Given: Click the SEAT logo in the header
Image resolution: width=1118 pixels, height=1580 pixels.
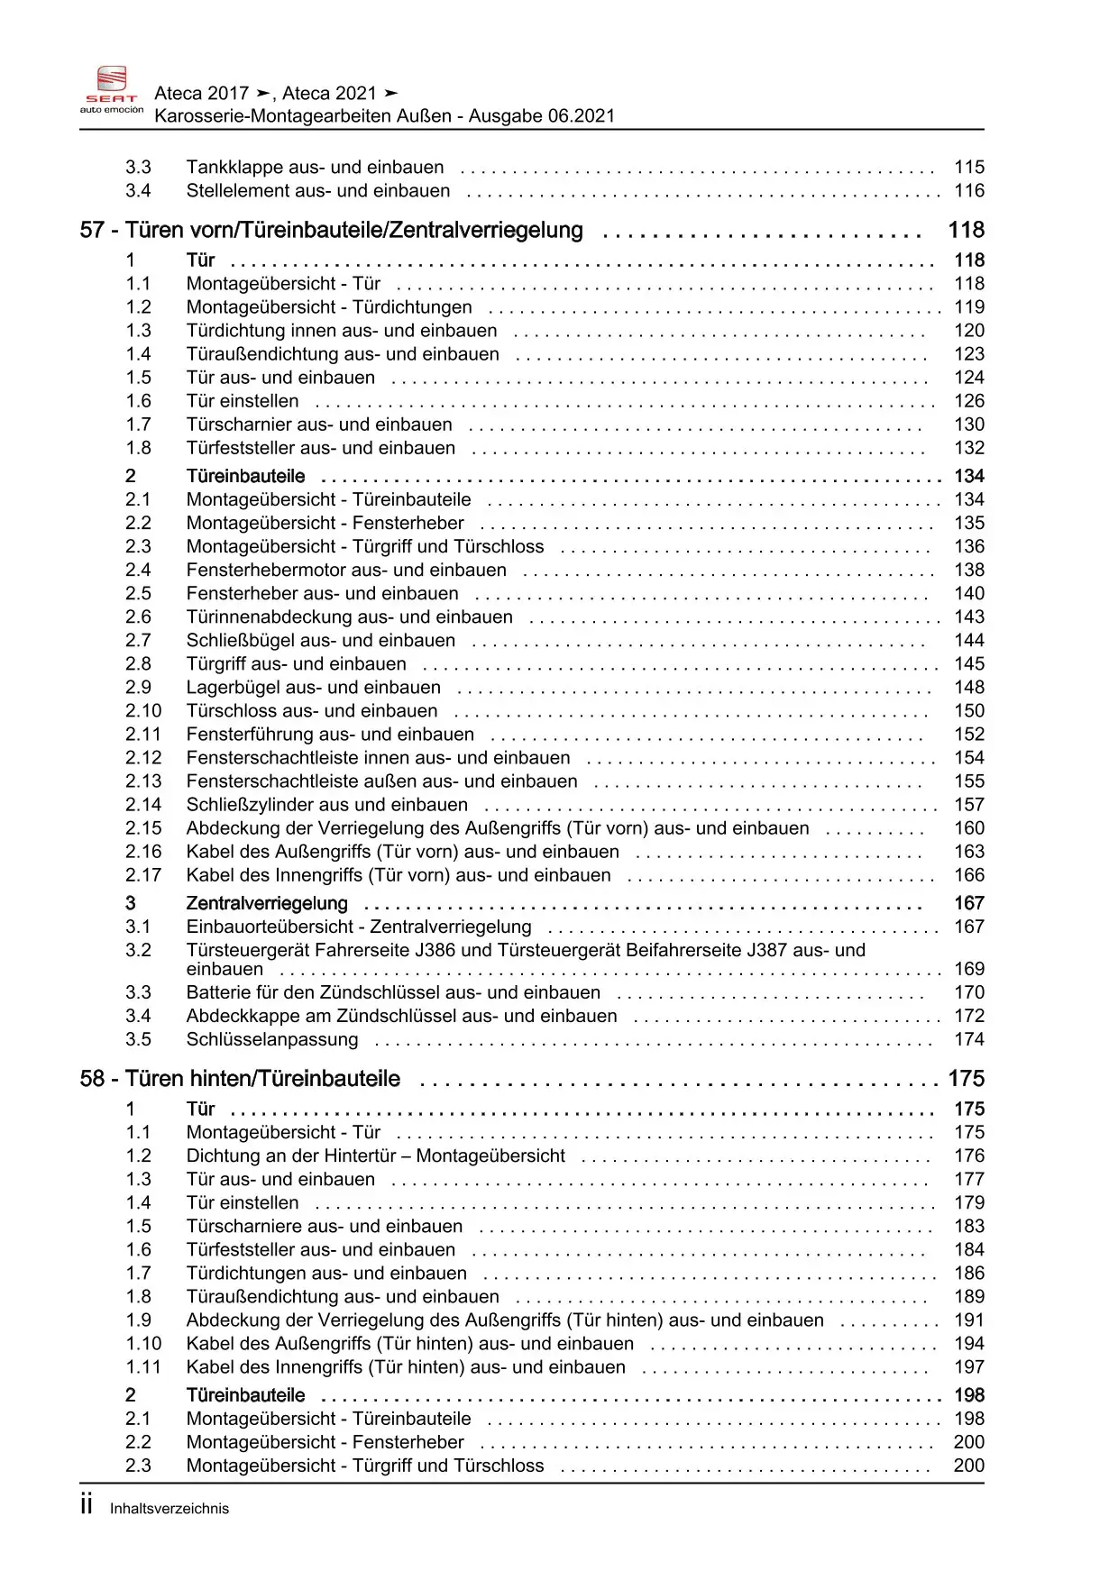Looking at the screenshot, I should [112, 90].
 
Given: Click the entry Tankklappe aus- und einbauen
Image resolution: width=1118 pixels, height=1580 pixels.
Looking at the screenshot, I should [315, 167].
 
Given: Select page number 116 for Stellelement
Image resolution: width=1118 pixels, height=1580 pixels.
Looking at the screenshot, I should [969, 190].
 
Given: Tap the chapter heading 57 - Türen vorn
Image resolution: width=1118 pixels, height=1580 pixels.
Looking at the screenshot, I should [331, 230].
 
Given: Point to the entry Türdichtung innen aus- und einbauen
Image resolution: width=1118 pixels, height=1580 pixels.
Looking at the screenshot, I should [341, 331].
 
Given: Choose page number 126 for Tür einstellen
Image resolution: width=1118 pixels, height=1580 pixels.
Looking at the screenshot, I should [969, 401].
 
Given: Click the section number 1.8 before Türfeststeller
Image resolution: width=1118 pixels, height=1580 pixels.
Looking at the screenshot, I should [138, 448].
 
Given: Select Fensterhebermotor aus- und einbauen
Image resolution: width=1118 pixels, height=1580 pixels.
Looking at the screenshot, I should [346, 570].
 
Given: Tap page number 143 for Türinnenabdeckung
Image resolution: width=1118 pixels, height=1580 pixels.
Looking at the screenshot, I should [969, 616].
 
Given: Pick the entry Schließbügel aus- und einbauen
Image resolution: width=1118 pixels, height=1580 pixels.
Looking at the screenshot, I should [320, 640].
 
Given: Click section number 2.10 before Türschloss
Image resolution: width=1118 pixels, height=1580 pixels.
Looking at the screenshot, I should [143, 710].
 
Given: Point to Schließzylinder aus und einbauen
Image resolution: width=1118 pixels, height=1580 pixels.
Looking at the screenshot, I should [326, 805].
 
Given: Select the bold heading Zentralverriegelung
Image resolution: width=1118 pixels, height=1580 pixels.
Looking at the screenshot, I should [267, 903].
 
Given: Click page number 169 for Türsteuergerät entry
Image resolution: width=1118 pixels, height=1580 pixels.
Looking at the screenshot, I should [969, 969].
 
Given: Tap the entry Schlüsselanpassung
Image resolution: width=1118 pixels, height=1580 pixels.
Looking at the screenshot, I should [271, 1039].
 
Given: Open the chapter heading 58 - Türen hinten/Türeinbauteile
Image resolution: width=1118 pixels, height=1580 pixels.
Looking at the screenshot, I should [240, 1079].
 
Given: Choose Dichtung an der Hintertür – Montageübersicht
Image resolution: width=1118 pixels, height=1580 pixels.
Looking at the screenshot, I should [375, 1155].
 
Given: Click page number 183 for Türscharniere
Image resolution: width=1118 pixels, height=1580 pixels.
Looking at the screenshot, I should [969, 1226].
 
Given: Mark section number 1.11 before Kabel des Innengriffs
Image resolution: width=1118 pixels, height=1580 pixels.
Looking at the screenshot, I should [143, 1366].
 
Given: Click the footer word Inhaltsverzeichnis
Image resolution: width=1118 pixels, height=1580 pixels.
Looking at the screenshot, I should [170, 1509].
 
